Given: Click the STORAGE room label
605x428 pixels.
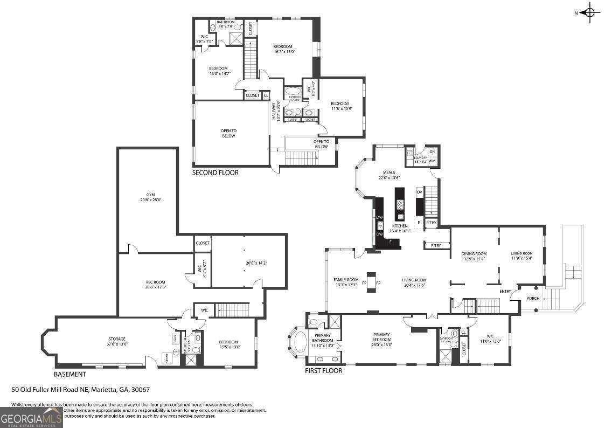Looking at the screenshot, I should point(117,339).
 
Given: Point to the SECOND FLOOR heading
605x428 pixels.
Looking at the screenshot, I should point(215,173).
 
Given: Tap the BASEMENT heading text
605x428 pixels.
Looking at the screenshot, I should point(69,374).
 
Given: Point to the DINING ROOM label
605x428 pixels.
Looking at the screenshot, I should point(474,253).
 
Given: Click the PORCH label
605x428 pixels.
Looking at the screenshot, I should point(533,298).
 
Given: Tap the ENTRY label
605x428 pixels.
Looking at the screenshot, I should point(505,292).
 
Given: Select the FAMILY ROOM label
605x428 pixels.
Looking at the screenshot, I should point(346,279).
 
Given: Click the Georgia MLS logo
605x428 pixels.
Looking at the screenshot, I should point(31,417).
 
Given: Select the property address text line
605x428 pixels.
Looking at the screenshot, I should point(80,389).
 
